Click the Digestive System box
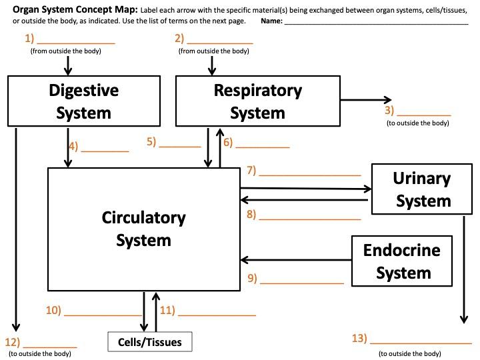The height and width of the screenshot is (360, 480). pyautogui.click(x=83, y=101)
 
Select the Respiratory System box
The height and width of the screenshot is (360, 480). pyautogui.click(x=257, y=101)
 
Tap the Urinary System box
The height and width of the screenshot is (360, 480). pyautogui.click(x=421, y=189)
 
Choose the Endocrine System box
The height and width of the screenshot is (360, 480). pyautogui.click(x=402, y=261)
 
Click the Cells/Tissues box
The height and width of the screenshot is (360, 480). pyautogui.click(x=149, y=342)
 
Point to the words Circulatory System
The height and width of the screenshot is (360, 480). pyautogui.click(x=143, y=228)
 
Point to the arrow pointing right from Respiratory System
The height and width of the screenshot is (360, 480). pyautogui.click(x=365, y=100)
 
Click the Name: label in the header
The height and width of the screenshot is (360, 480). pyautogui.click(x=271, y=21)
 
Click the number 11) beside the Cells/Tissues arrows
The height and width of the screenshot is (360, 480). pyautogui.click(x=167, y=310)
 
